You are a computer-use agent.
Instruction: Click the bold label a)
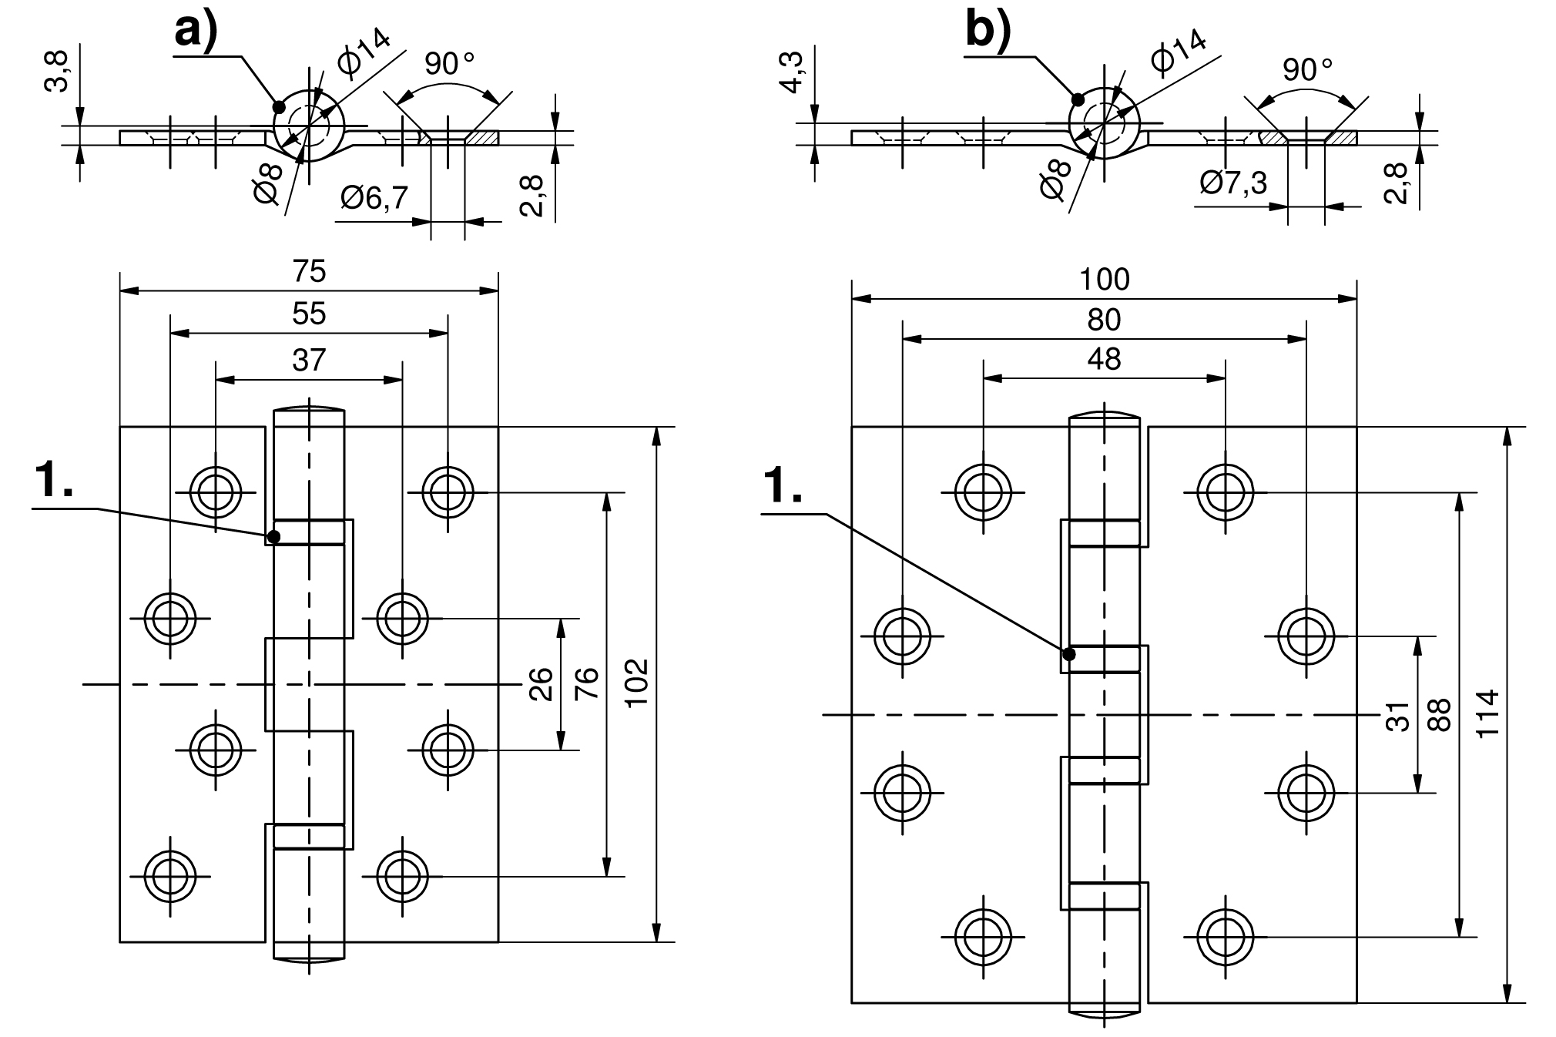[196, 31]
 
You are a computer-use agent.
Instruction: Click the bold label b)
[988, 31]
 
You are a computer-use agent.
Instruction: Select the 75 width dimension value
[309, 271]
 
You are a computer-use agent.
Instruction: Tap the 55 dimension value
[309, 314]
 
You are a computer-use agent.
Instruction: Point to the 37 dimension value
[309, 360]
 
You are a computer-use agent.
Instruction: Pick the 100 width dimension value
[1104, 279]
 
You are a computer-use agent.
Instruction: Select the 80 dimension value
[1104, 320]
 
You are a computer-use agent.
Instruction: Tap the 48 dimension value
[1104, 359]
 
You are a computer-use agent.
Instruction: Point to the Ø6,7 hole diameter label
[374, 199]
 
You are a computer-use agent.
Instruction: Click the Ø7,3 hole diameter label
[1234, 183]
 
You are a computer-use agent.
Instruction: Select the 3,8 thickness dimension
[57, 71]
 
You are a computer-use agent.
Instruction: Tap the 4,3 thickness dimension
[792, 72]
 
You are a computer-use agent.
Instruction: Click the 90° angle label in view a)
[449, 63]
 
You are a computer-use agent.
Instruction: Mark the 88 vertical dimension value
[1439, 714]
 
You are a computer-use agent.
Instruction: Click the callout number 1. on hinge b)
[783, 487]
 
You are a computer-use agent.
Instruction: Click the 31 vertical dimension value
[1397, 716]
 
